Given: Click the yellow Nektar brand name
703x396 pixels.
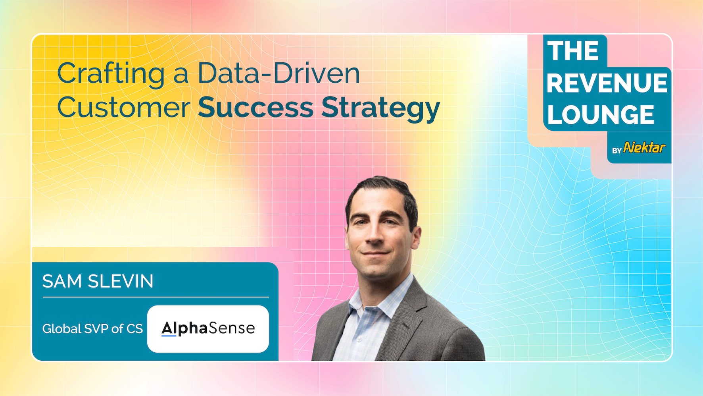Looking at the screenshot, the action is (x=644, y=147).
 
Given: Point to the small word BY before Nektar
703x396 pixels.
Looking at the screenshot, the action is (x=617, y=151).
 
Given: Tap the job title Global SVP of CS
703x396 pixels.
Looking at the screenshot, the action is (x=92, y=328).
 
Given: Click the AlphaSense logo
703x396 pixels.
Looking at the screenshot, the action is (x=208, y=328).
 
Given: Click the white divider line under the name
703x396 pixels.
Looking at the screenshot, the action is (x=156, y=297).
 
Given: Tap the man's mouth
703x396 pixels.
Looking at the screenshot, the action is (x=375, y=253).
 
